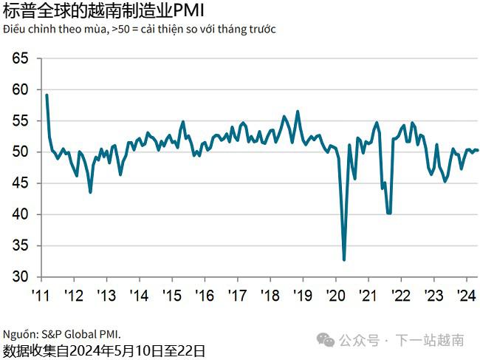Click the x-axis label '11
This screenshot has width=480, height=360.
click(x=41, y=295)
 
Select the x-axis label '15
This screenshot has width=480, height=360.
click(x=171, y=295)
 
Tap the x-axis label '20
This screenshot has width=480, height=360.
click(x=335, y=295)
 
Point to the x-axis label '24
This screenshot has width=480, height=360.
click(x=465, y=295)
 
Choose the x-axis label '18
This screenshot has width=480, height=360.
click(x=270, y=295)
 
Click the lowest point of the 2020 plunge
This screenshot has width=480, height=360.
click(x=344, y=259)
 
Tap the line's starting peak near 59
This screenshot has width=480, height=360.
click(x=47, y=95)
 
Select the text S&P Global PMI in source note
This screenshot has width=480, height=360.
click(x=79, y=333)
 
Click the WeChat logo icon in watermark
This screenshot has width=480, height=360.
click(x=326, y=340)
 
